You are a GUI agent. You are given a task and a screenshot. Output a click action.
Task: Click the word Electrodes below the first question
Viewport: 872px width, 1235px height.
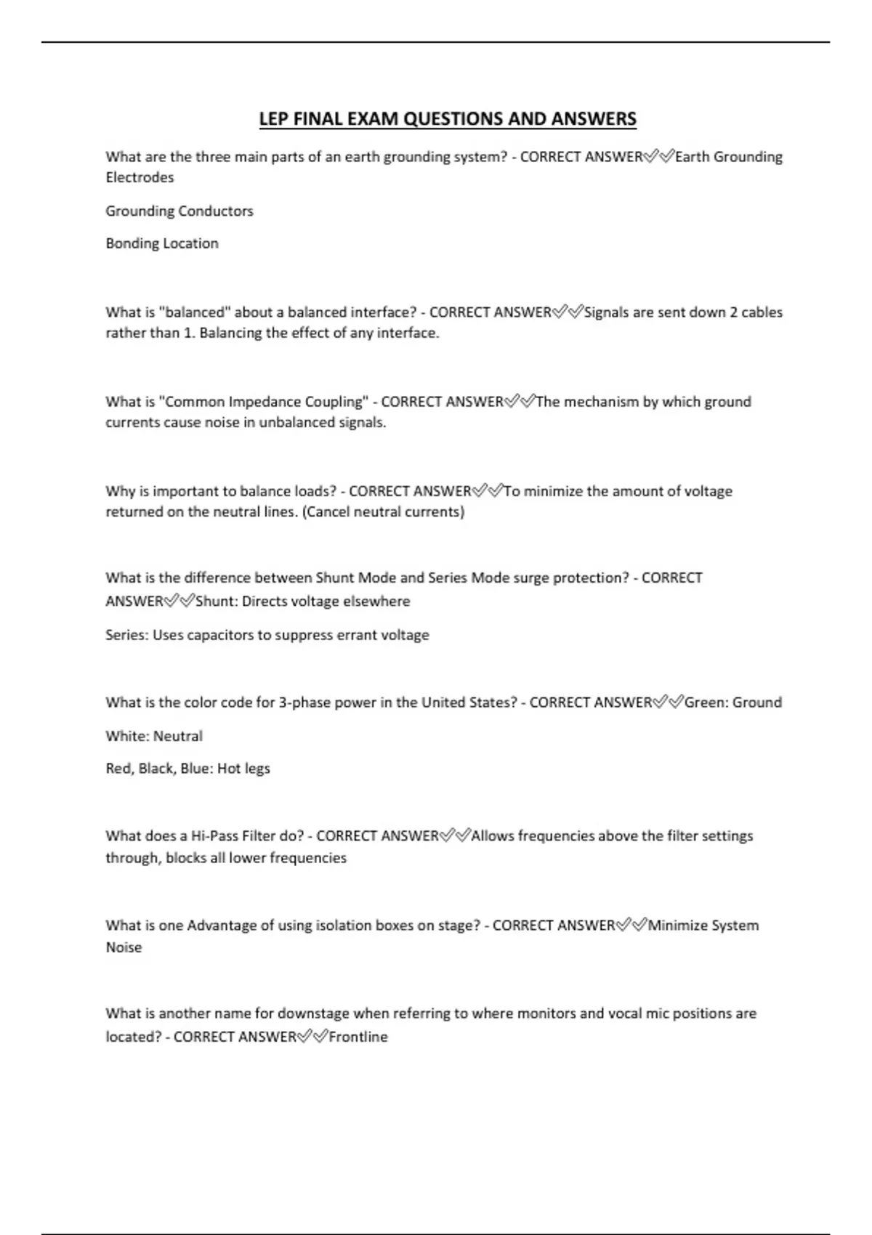[x=140, y=177]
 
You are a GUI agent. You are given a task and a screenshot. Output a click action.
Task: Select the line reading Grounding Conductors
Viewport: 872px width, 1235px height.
[x=179, y=211]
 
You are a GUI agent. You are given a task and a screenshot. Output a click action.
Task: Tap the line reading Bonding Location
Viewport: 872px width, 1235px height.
[x=162, y=243]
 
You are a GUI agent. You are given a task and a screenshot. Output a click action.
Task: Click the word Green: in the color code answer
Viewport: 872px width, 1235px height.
[x=706, y=702]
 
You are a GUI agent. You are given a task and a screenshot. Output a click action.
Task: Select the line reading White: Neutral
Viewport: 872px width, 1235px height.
[x=154, y=736]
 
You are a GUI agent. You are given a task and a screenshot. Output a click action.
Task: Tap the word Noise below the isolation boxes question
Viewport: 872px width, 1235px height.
[x=124, y=947]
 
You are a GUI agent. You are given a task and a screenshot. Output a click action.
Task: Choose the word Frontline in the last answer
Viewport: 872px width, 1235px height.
[x=358, y=1037]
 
